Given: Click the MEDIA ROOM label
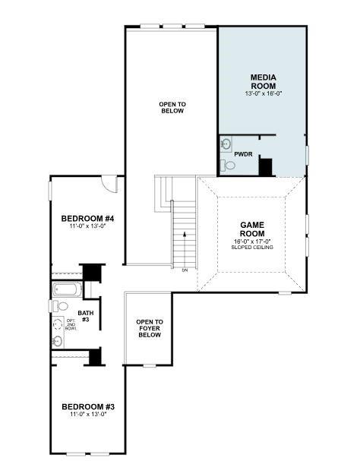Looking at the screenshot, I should point(263,81).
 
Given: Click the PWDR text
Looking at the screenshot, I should point(243,154).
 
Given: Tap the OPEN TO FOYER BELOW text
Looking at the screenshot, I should point(149,328).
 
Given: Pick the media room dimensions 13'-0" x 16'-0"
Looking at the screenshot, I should point(263,93).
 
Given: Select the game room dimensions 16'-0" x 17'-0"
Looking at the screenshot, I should point(251,242).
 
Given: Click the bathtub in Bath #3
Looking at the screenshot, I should point(67,289).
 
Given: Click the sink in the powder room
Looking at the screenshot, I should point(226,143).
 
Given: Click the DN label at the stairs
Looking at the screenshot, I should point(184,270).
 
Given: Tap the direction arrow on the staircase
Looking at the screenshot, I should point(182,235).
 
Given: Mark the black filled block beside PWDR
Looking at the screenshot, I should point(265,166).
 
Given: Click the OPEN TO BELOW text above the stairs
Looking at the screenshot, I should point(172,107).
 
